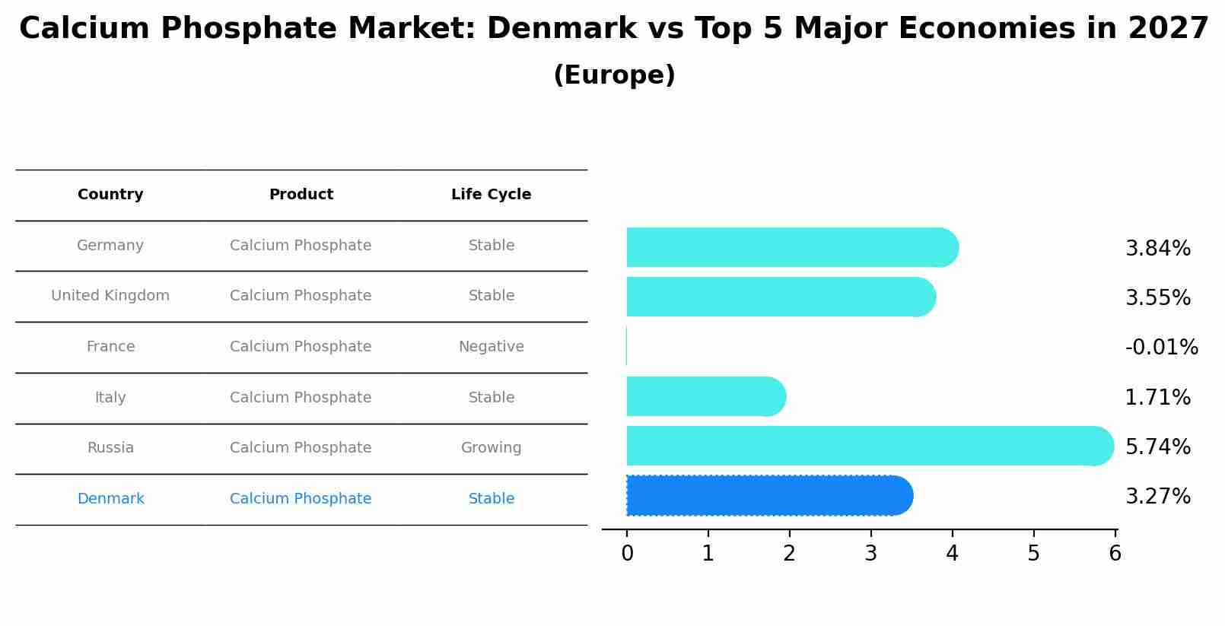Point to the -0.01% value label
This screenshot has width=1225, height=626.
(1161, 348)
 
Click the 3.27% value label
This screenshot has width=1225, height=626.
(1157, 497)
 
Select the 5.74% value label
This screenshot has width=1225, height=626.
(1157, 446)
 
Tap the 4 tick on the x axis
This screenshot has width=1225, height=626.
(952, 554)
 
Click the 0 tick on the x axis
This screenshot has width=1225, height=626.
(627, 554)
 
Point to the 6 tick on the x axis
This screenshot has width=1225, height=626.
(1115, 554)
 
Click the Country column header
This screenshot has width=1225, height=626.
(110, 195)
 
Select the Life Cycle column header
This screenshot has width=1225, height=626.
(491, 195)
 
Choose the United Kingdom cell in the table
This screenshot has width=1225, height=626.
(110, 296)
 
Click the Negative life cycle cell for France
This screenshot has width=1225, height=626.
(491, 347)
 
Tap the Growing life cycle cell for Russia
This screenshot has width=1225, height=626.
(491, 448)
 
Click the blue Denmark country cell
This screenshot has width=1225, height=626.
(110, 499)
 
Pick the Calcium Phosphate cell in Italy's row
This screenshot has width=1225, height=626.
(301, 398)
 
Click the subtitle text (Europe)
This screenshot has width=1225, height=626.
(614, 75)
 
